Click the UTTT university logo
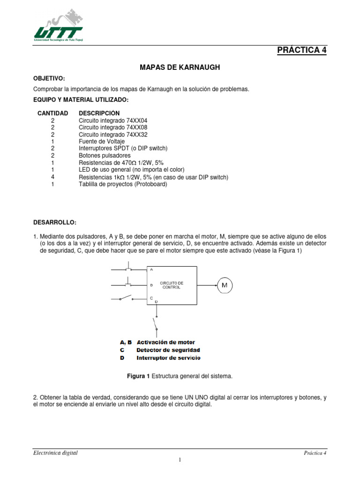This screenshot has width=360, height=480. coord(58,26)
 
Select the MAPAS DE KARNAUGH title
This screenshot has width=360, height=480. coord(180,67)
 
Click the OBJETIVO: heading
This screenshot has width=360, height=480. coord(49,78)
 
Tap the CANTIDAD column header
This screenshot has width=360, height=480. coord(52,113)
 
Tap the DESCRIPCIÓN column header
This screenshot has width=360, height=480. coord(99,113)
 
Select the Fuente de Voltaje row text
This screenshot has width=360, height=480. coord(102,141)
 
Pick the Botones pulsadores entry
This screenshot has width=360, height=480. coord(105,155)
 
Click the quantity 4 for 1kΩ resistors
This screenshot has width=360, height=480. coord(53,177)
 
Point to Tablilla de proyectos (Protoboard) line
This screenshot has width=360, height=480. coord(122,184)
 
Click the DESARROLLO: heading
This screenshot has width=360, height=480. coord(54,221)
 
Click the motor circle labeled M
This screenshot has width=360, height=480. coord(224,285)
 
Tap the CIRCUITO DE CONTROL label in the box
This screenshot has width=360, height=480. coord(172,285)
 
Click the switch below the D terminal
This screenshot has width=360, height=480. coord(155,323)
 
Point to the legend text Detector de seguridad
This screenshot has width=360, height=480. coord(168,350)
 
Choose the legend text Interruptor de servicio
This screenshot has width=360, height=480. coord(168,358)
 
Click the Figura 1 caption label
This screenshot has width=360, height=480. coord(138,376)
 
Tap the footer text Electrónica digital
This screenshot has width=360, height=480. coord(55,453)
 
